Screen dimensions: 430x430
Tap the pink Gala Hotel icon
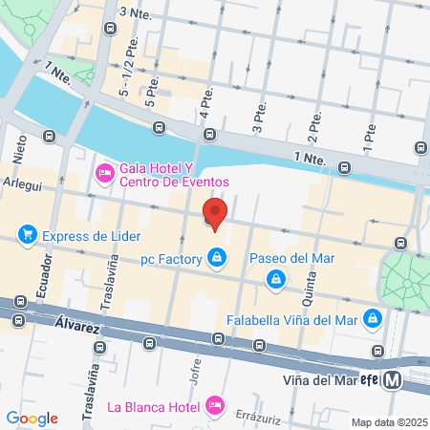coord(103,173)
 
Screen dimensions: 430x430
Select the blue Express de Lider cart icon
coord(29,235)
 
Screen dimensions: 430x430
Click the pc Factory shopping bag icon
coord(219,258)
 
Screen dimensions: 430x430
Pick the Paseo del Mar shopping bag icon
coord(275,278)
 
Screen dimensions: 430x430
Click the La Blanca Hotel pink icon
coord(216,405)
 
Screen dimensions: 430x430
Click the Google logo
coord(32,419)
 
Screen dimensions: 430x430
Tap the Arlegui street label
coord(21,183)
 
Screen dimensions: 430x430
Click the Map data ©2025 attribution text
coord(388,422)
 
